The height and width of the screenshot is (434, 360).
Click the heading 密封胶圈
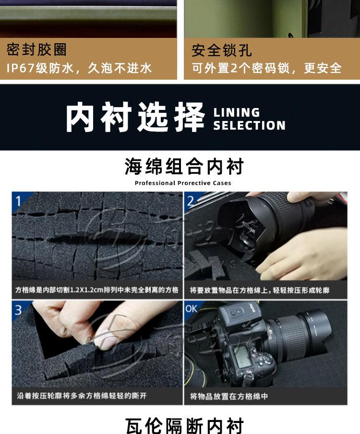(x=36, y=50)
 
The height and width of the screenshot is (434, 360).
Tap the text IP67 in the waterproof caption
(x=20, y=68)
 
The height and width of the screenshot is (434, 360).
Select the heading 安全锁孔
(x=222, y=50)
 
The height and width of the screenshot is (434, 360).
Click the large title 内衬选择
(x=135, y=117)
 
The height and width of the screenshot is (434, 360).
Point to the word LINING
(x=237, y=112)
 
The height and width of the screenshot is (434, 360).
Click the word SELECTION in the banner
(x=249, y=125)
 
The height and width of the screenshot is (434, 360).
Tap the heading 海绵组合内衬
(x=184, y=166)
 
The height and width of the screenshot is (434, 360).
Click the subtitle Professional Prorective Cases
(x=182, y=183)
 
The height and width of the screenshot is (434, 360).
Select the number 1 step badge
(x=18, y=201)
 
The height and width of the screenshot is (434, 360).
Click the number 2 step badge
(x=191, y=201)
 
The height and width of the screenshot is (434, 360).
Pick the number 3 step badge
(x=18, y=310)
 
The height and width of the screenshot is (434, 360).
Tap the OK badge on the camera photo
(x=191, y=308)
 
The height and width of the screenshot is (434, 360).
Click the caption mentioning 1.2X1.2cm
(x=97, y=290)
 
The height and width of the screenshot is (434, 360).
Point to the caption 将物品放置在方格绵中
(x=228, y=396)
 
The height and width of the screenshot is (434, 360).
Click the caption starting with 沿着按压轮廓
(x=82, y=396)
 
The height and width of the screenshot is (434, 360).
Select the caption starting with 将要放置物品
(x=260, y=290)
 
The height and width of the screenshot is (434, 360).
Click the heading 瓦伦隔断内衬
(x=184, y=426)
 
